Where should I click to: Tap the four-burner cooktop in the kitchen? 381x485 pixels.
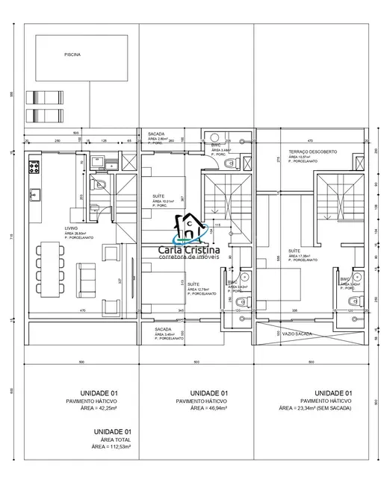(33, 166)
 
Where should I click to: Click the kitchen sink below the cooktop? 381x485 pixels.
(33, 196)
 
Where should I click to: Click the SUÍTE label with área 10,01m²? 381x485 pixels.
(158, 195)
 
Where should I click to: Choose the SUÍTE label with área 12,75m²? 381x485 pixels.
(193, 284)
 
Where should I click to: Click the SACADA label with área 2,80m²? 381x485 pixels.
(156, 131)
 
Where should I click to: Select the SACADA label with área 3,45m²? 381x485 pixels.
(164, 329)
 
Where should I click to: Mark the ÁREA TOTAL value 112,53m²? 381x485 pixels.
(113, 448)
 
